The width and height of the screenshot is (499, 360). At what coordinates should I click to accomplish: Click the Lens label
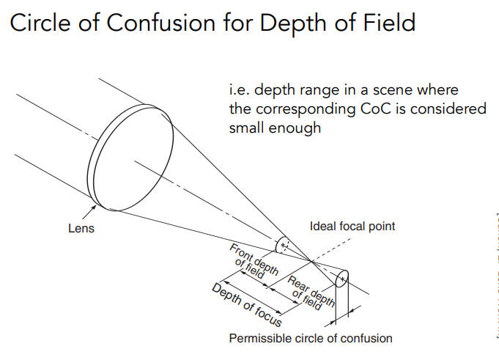click(81, 229)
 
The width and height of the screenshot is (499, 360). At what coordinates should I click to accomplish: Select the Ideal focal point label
click(352, 226)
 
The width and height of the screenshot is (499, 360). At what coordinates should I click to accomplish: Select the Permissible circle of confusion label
click(311, 339)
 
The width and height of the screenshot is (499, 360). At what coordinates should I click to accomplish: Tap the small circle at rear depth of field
click(341, 279)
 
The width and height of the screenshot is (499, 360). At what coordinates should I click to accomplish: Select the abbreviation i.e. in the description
click(240, 90)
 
